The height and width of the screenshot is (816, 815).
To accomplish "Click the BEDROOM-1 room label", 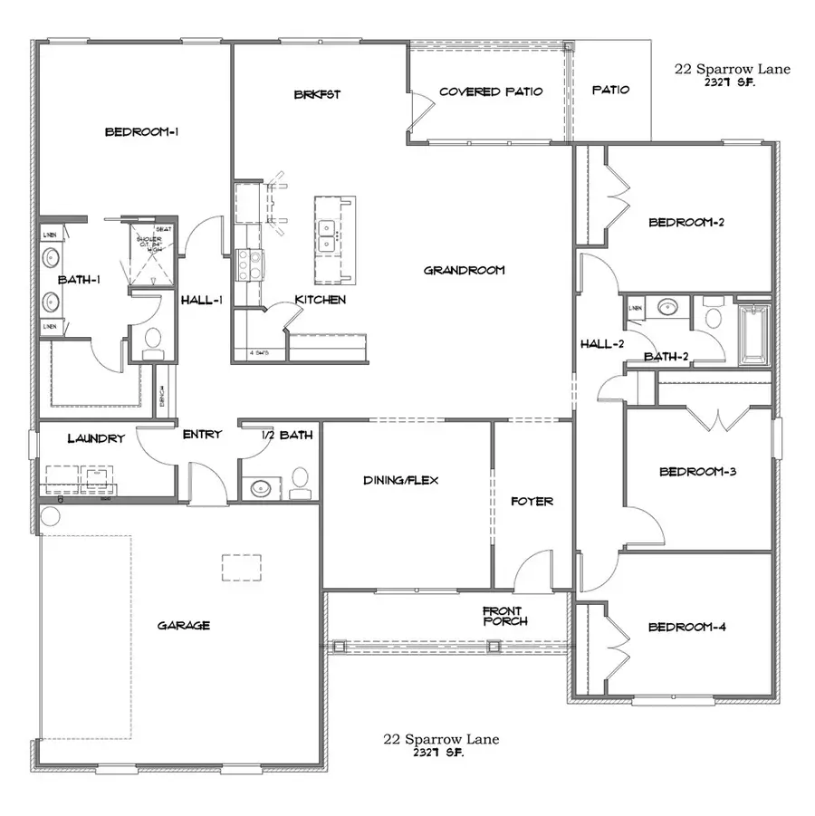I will coord(141,132).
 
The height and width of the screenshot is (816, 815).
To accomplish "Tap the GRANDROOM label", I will coord(463,270).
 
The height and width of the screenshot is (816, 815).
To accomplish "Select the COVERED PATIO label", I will coord(490,91).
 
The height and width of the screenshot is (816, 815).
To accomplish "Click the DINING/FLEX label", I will coord(400,480).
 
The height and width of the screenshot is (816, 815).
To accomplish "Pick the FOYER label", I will coord(532,501).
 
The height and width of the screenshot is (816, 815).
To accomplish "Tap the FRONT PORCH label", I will coord(505,616).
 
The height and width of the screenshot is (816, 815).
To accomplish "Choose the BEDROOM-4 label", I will coord(686,627).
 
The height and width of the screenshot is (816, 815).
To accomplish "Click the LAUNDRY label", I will coord(95,439).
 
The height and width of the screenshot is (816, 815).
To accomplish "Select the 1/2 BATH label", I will coord(286,435).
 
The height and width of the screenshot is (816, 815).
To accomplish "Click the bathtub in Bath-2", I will coord(753,335).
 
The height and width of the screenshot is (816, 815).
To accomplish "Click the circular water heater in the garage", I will coord(49,516).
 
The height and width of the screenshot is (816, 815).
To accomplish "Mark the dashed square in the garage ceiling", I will coord(242,566).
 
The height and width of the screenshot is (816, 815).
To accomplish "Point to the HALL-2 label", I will coord(602,343).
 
